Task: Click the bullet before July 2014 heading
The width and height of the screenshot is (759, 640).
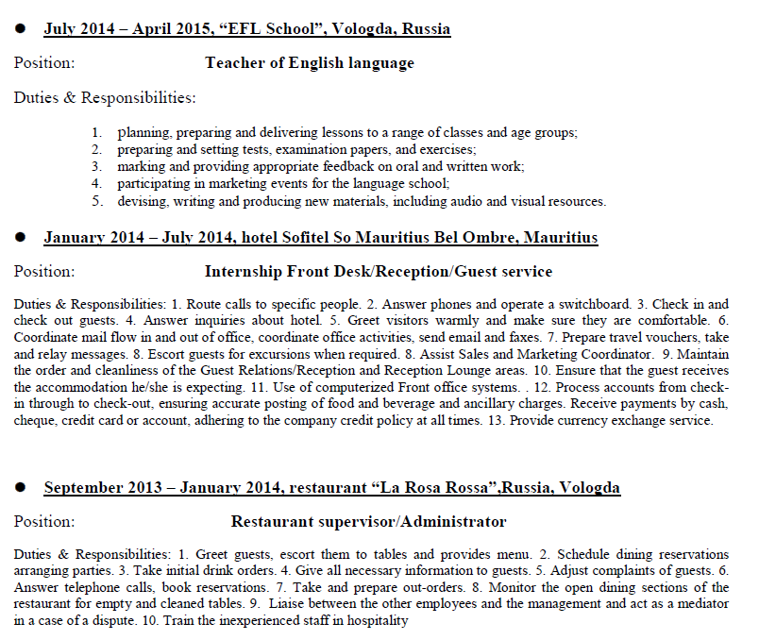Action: pos(20,29)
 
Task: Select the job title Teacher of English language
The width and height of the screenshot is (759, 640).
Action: pos(309,63)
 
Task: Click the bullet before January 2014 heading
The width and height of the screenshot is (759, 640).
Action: pos(20,238)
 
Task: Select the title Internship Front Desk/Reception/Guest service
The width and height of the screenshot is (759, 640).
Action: pos(378,272)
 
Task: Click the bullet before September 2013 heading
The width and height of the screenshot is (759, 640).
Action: pos(20,488)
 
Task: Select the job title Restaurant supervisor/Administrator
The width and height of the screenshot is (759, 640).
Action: pos(368,522)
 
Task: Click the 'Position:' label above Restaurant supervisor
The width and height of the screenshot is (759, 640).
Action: pos(44,522)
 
